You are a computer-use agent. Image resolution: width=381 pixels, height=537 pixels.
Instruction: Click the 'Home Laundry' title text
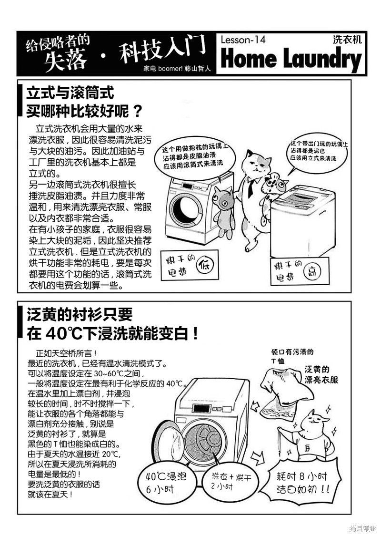pos(291,59)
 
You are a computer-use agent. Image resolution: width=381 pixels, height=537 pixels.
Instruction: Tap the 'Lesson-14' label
pos(243,40)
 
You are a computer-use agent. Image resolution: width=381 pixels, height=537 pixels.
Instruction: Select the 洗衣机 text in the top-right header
pos(347,40)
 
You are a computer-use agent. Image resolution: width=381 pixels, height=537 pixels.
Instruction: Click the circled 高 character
pos(312,271)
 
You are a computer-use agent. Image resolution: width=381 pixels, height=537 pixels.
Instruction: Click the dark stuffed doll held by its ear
pos(224,212)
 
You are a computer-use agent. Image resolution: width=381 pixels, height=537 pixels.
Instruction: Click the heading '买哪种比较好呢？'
pos(84,110)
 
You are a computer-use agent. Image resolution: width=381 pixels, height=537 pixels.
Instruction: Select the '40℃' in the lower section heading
pos(64,333)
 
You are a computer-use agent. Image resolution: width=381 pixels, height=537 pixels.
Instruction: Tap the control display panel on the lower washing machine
pos(200,409)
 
